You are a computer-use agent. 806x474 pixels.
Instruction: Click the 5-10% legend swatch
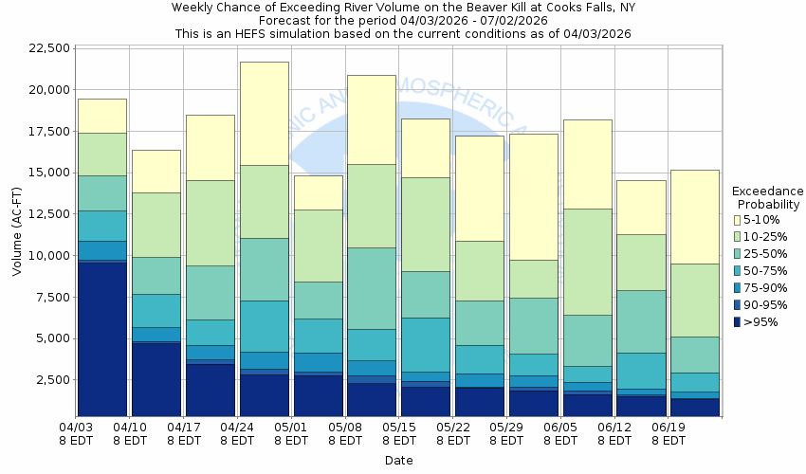coord(738,220)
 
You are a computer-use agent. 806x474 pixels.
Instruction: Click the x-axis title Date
coord(398,461)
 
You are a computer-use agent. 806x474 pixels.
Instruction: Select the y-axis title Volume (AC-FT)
coord(17,232)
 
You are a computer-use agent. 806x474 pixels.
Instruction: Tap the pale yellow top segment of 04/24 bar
coord(264,113)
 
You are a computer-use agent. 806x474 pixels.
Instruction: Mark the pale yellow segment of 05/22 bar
coord(479,188)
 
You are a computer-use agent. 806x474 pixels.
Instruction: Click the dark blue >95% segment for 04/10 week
coord(156,379)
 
